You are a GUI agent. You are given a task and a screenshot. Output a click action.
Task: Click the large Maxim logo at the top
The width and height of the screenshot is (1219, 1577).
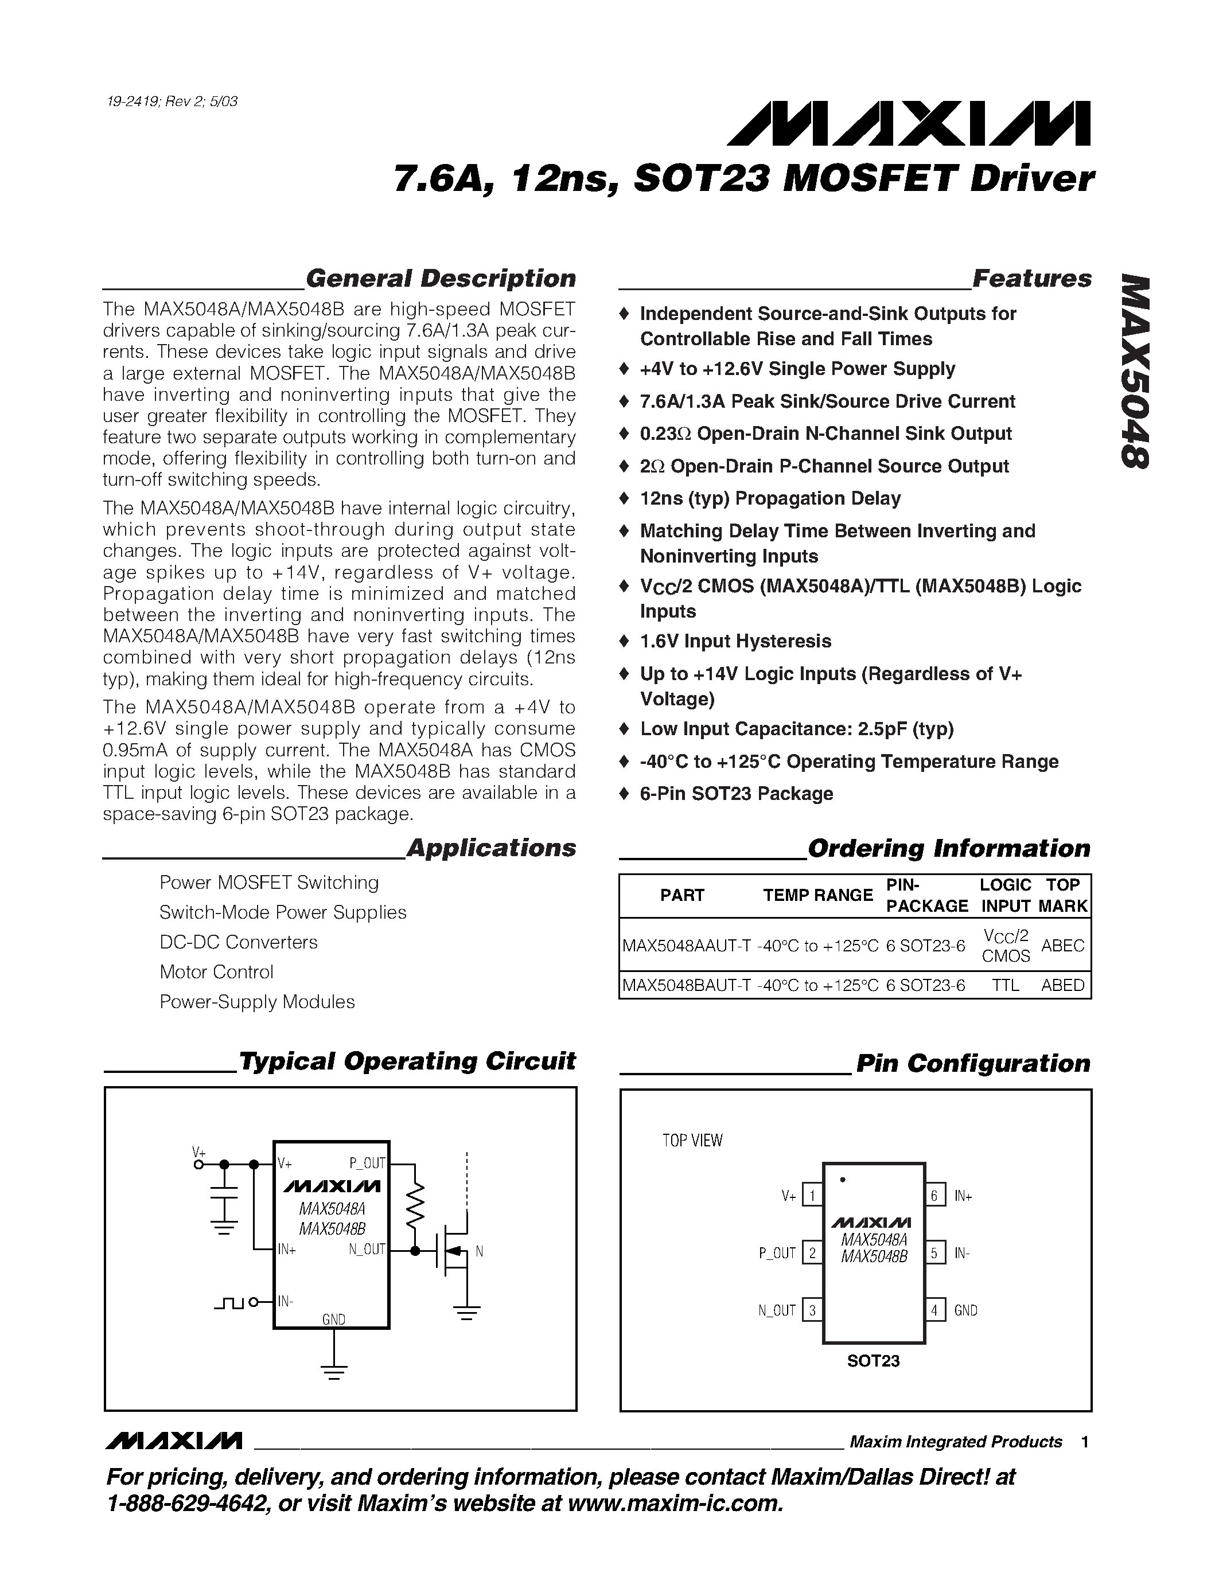click(909, 123)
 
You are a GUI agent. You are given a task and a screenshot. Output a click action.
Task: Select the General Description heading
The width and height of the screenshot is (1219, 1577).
click(441, 279)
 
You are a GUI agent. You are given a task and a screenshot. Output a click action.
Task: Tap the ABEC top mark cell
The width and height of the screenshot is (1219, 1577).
click(1062, 945)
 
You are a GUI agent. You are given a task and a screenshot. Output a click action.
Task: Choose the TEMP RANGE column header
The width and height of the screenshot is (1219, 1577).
click(817, 895)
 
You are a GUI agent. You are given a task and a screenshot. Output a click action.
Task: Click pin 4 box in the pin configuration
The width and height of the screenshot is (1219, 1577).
click(934, 1310)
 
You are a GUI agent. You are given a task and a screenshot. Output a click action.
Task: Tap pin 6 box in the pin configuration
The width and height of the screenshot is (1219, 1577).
click(934, 1196)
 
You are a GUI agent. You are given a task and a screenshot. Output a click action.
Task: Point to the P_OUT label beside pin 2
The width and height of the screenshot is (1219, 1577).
click(777, 1253)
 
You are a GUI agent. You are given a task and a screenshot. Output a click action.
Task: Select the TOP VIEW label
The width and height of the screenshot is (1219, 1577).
click(692, 1140)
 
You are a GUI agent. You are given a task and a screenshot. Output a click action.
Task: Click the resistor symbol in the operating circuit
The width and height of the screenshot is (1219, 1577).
click(415, 1206)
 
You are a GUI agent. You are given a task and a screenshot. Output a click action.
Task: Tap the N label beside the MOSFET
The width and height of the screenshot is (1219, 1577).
click(480, 1251)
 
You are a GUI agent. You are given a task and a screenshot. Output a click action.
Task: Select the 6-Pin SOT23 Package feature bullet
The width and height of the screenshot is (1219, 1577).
click(736, 794)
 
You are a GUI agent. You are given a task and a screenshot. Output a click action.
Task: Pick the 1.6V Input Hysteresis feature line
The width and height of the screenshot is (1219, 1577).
click(735, 641)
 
